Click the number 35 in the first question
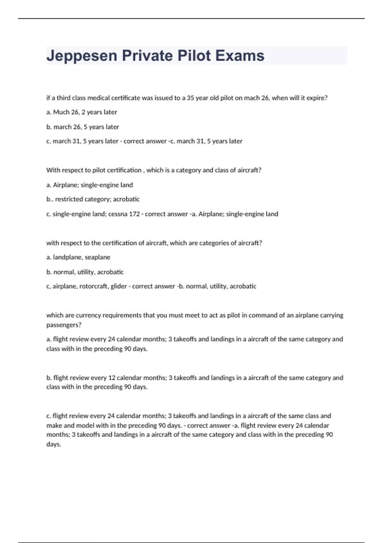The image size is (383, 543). coord(190,98)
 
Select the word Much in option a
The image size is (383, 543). coord(61,112)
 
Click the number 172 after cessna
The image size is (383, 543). coord(134,214)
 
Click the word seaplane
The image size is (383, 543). coord(97,257)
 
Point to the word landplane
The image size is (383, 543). coord(67,257)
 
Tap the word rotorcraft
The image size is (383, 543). coord(94,286)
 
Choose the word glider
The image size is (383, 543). coord(119,286)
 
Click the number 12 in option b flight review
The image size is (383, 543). coord(112,378)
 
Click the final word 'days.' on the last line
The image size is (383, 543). coord(54,444)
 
